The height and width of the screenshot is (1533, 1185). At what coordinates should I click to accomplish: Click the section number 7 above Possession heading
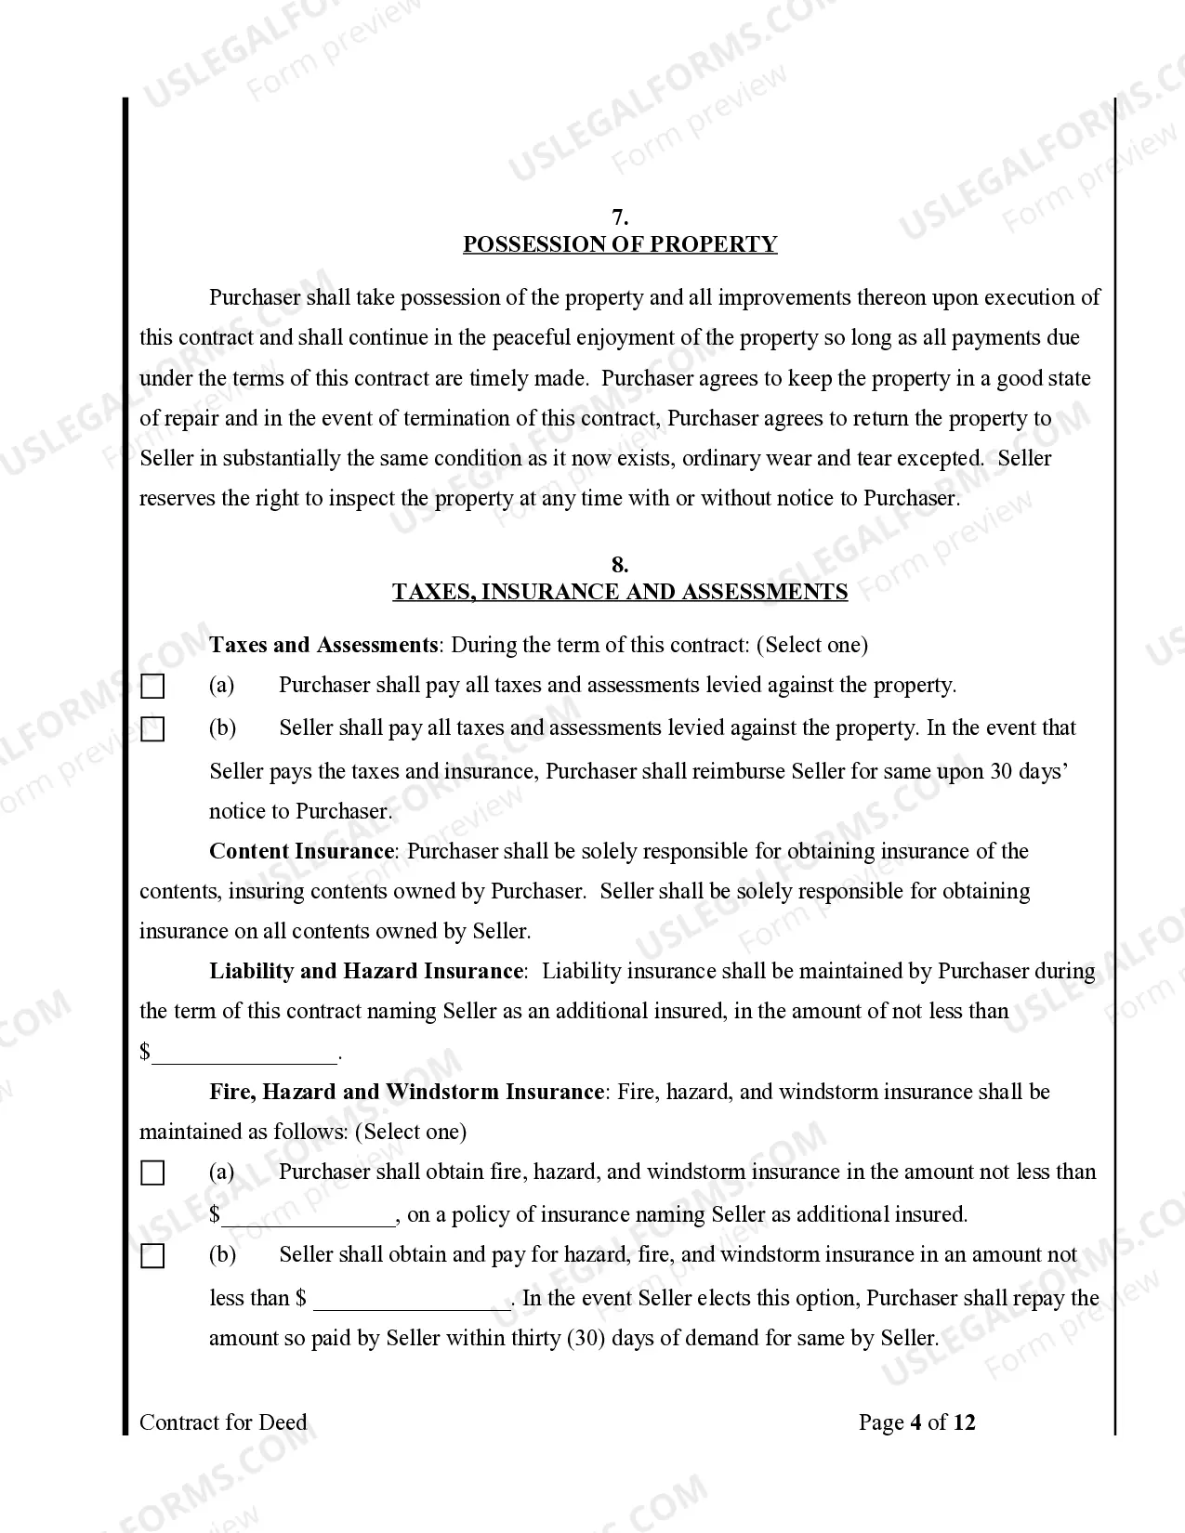click(x=620, y=217)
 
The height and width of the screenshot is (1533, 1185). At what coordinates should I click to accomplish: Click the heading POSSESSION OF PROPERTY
click(x=620, y=244)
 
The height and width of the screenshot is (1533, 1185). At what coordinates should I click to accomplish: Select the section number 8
click(x=620, y=565)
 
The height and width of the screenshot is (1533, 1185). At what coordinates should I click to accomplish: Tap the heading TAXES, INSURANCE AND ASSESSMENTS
click(x=620, y=592)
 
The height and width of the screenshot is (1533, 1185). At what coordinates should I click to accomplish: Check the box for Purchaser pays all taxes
click(x=152, y=687)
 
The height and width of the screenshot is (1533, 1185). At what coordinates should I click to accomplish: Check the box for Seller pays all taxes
click(x=152, y=729)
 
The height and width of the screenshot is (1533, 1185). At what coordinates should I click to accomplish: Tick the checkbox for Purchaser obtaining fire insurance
click(x=152, y=1173)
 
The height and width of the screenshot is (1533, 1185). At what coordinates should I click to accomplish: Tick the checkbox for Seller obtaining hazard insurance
click(x=152, y=1256)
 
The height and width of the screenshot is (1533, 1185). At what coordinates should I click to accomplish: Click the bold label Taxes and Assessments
click(x=323, y=645)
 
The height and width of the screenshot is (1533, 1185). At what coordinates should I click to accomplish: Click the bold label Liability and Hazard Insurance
click(x=366, y=971)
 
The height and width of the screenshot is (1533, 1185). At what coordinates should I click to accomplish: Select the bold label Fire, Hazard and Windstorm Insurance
click(x=406, y=1092)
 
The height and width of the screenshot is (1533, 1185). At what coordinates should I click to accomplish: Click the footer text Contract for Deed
click(x=223, y=1422)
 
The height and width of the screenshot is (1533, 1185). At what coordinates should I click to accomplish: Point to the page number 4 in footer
click(x=915, y=1422)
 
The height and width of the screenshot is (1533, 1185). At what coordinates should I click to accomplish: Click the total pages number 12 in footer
click(x=965, y=1422)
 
